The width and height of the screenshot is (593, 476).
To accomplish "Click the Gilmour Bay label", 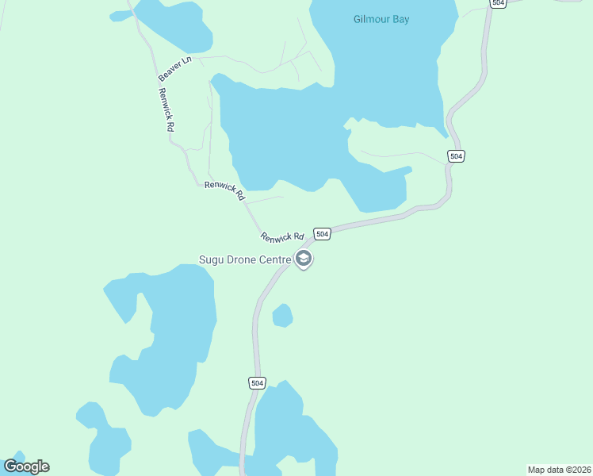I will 381,19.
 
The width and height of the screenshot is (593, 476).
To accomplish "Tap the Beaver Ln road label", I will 174,68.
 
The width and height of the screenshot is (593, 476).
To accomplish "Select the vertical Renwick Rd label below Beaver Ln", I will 166,109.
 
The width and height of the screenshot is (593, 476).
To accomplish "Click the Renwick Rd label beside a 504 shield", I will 282,236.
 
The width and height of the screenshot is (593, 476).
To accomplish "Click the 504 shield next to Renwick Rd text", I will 321,234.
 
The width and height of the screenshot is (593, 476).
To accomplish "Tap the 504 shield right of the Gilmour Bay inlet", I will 455,156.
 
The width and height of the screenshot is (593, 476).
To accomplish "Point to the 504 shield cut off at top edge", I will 498,3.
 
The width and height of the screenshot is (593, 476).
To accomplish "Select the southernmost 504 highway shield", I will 257,383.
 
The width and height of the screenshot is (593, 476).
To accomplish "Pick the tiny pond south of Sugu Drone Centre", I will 282,316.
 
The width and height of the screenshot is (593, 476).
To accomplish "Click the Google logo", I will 26,466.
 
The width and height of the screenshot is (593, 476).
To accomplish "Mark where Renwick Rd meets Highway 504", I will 308,238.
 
